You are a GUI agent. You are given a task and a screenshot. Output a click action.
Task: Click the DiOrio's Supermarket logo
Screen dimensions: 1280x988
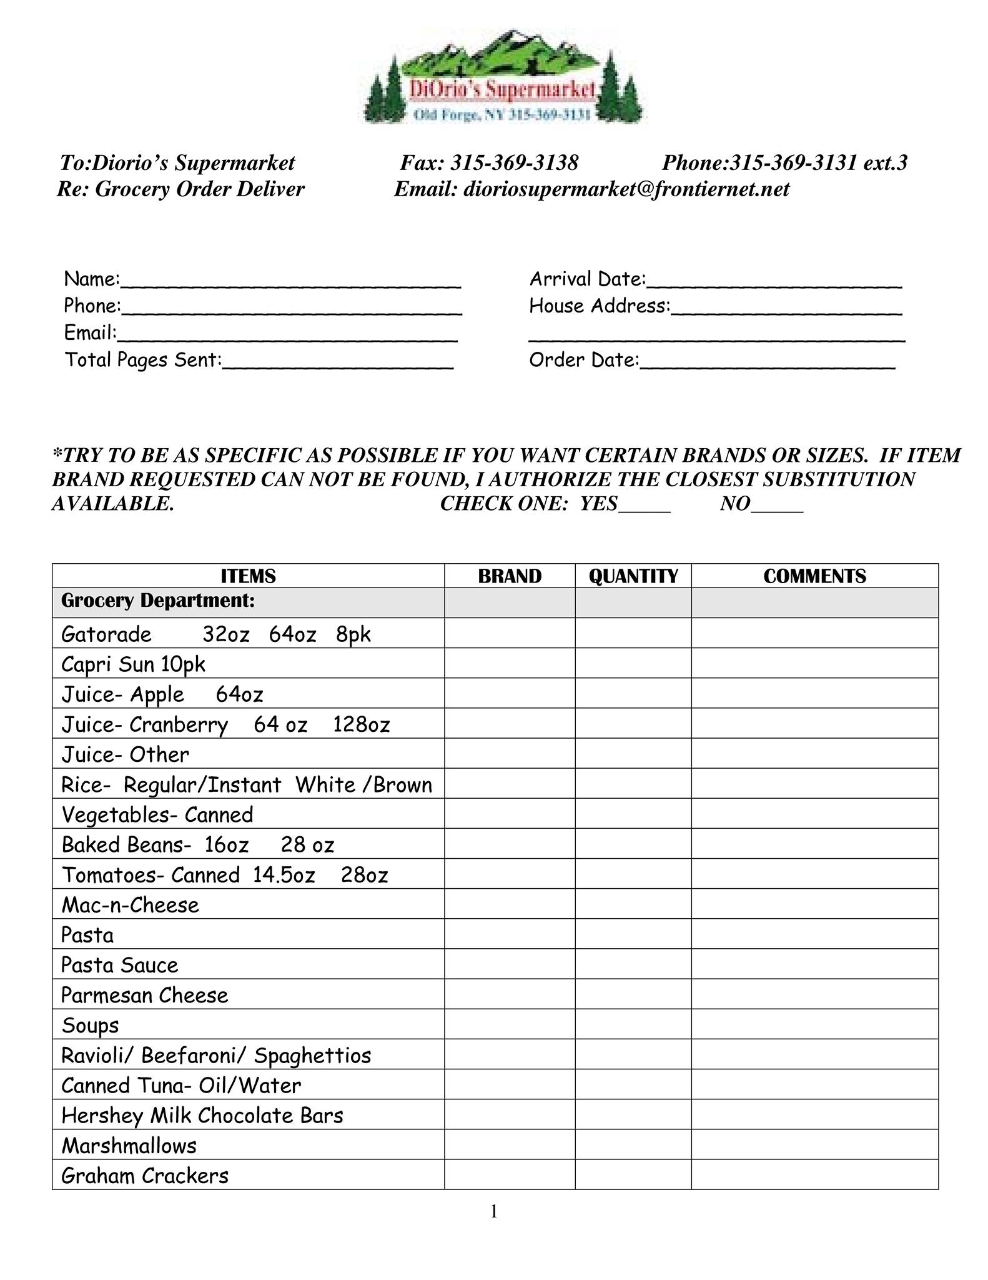(503, 77)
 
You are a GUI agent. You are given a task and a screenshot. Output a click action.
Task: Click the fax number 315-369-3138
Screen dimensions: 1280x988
(514, 163)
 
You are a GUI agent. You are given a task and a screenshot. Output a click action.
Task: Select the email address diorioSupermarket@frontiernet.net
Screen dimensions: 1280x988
(626, 189)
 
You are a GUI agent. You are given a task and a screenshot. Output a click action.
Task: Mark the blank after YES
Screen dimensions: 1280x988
(645, 504)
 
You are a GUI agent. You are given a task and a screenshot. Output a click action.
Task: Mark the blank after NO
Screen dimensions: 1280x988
(777, 504)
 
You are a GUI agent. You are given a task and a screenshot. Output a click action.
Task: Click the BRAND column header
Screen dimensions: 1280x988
(510, 576)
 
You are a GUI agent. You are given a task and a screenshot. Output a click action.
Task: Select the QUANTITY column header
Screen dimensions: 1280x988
(633, 576)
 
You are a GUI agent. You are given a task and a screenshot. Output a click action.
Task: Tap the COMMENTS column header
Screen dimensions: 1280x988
(814, 576)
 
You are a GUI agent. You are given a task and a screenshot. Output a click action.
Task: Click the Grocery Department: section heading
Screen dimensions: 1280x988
(158, 601)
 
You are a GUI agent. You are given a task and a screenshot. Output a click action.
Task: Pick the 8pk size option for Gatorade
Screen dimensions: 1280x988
(353, 634)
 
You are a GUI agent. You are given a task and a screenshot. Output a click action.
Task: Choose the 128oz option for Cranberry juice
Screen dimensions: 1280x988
(362, 725)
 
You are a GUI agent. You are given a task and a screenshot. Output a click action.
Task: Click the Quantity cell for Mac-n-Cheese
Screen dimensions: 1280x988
(633, 904)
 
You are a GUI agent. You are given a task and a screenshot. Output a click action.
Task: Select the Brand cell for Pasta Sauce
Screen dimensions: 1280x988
(510, 964)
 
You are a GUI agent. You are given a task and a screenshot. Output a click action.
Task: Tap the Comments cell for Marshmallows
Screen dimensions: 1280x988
(814, 1144)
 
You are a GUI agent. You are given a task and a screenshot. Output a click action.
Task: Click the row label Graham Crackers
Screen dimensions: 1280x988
(145, 1176)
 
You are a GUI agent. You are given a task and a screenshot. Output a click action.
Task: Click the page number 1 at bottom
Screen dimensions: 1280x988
(494, 1212)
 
